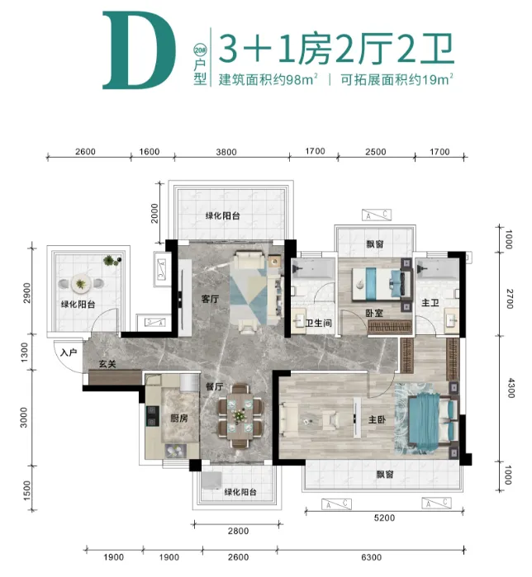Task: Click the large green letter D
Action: pyautogui.click(x=139, y=50)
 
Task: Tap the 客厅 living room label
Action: pyautogui.click(x=210, y=299)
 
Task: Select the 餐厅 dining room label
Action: pyautogui.click(x=215, y=387)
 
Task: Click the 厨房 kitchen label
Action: pyautogui.click(x=179, y=418)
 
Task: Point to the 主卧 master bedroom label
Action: pyautogui.click(x=377, y=419)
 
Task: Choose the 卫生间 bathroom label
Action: pyautogui.click(x=319, y=323)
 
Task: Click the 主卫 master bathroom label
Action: pyautogui.click(x=430, y=303)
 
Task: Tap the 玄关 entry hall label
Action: pyautogui.click(x=107, y=364)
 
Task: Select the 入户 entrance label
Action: pyautogui.click(x=69, y=352)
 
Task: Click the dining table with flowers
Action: pyautogui.click(x=240, y=416)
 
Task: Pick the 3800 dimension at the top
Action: pyautogui.click(x=226, y=152)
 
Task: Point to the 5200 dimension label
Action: pyautogui.click(x=384, y=518)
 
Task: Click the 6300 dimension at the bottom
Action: pyautogui.click(x=371, y=557)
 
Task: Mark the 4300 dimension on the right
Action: pyautogui.click(x=511, y=387)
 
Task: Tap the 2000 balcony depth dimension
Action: pyautogui.click(x=154, y=213)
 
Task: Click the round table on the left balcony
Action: pyautogui.click(x=81, y=284)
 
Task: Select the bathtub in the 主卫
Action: pyautogui.click(x=437, y=269)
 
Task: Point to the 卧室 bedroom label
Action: pyautogui.click(x=374, y=313)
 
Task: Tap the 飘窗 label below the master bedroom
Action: pyautogui.click(x=385, y=474)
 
